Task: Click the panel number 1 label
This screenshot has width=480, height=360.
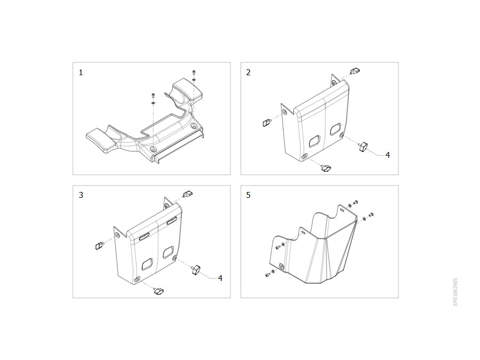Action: pyautogui.click(x=81, y=73)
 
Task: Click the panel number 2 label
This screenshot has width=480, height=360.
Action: pyautogui.click(x=248, y=73)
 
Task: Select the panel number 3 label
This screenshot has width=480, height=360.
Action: pyautogui.click(x=81, y=195)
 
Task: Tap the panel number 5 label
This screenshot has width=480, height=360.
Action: pyautogui.click(x=248, y=195)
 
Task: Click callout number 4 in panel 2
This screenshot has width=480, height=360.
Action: pyautogui.click(x=388, y=155)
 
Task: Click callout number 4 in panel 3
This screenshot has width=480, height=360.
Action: pyautogui.click(x=220, y=278)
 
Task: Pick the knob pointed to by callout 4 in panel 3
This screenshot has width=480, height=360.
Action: pyautogui.click(x=195, y=270)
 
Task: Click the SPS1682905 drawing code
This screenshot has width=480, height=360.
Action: pyautogui.click(x=455, y=292)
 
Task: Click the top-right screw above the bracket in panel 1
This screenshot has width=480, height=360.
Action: pyautogui.click(x=194, y=73)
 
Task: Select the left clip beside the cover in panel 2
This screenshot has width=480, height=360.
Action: pyautogui.click(x=266, y=123)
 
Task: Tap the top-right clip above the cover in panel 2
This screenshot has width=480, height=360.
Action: pyautogui.click(x=355, y=71)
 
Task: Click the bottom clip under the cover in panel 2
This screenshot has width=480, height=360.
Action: pyautogui.click(x=326, y=168)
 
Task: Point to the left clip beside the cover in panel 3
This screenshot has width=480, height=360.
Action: pyautogui.click(x=99, y=245)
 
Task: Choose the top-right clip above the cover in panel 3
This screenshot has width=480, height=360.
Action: pyautogui.click(x=188, y=194)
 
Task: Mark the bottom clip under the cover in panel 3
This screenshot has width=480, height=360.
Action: pyautogui.click(x=159, y=291)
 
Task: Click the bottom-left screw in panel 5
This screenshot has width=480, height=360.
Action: pyautogui.click(x=268, y=275)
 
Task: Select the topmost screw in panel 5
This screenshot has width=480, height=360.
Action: pyautogui.click(x=355, y=203)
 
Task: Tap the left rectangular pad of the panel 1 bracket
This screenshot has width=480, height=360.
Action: pyautogui.click(x=101, y=140)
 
